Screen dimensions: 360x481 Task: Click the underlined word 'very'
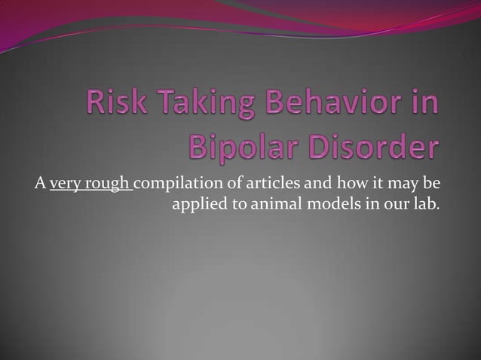point(65,184)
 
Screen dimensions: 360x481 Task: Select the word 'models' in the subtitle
point(326,203)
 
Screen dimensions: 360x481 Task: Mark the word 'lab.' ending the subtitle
point(424,203)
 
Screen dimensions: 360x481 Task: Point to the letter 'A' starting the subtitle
point(38,183)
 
